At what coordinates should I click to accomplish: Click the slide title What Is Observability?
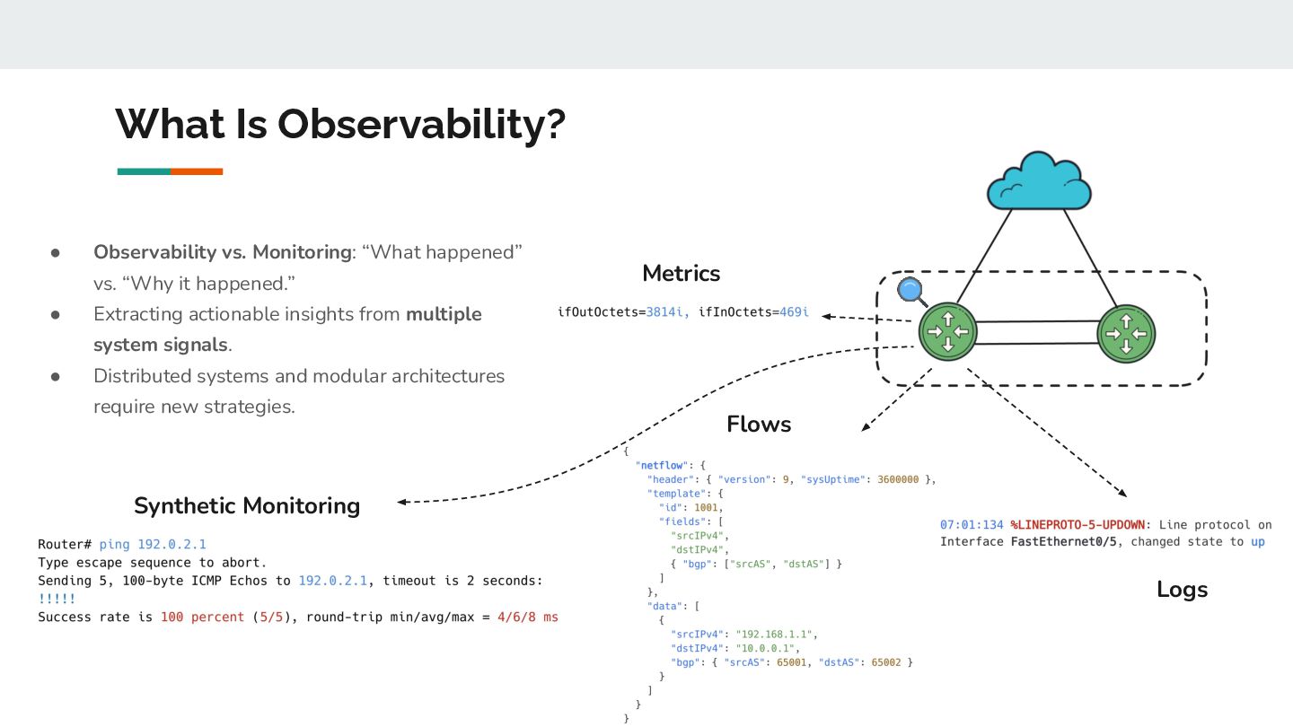pos(340,124)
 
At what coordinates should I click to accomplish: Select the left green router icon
pos(946,333)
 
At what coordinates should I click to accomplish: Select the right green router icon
pos(1126,333)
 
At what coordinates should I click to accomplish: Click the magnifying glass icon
pos(910,291)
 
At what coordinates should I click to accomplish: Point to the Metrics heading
pos(681,273)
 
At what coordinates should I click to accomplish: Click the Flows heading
pos(759,424)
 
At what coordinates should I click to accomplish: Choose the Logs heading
pos(1182,590)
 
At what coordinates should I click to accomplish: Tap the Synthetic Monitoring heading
pos(247,505)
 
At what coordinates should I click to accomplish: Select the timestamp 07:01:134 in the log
pos(971,524)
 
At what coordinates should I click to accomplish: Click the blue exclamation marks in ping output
pos(57,599)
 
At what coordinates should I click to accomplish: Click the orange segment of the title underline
pos(197,171)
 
